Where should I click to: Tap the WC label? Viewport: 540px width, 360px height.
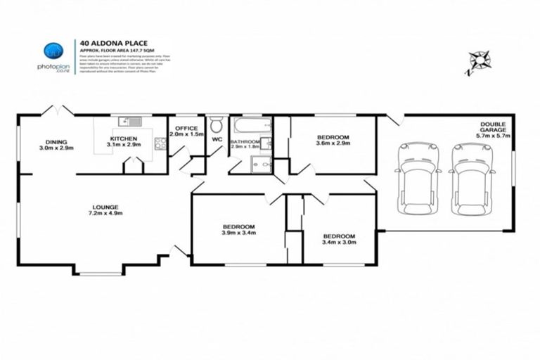pyautogui.click(x=217, y=139)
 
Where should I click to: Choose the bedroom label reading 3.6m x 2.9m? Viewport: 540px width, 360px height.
pyautogui.click(x=333, y=139)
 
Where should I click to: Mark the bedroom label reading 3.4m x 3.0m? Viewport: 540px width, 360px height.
pyautogui.click(x=339, y=238)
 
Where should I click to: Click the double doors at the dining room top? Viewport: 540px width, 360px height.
pyautogui.click(x=58, y=111)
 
